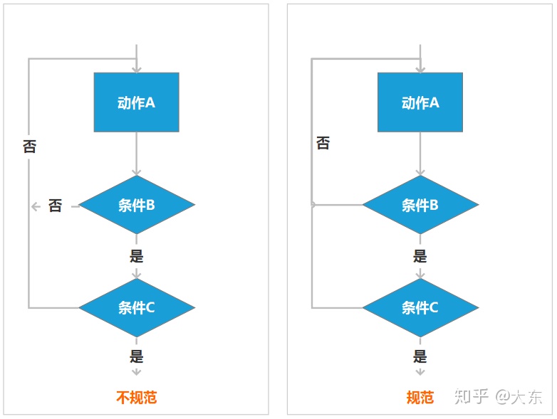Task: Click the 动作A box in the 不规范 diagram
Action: [x=136, y=102]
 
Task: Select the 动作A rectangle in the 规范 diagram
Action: [x=420, y=102]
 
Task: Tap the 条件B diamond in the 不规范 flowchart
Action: [x=136, y=206]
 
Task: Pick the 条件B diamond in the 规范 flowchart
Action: [x=420, y=206]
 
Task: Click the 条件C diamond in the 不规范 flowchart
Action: [x=136, y=308]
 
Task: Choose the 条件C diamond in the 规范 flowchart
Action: [x=420, y=308]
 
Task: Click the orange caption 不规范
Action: [x=136, y=397]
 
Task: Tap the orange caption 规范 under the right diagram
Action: [x=420, y=397]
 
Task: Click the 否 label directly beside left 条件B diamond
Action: [x=55, y=206]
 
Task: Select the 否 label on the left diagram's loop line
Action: [x=29, y=147]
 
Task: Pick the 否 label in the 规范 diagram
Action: [x=323, y=144]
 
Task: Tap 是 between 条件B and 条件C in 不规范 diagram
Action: [x=136, y=256]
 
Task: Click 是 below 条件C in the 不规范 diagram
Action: [x=136, y=356]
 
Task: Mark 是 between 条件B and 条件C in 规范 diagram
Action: [x=420, y=256]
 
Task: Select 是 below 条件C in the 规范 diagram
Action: [x=420, y=356]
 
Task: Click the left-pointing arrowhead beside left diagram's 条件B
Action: [x=35, y=206]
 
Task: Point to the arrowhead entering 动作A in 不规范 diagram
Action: [x=136, y=68]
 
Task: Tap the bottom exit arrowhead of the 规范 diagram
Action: [x=420, y=371]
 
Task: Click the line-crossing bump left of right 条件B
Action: [x=313, y=205]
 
